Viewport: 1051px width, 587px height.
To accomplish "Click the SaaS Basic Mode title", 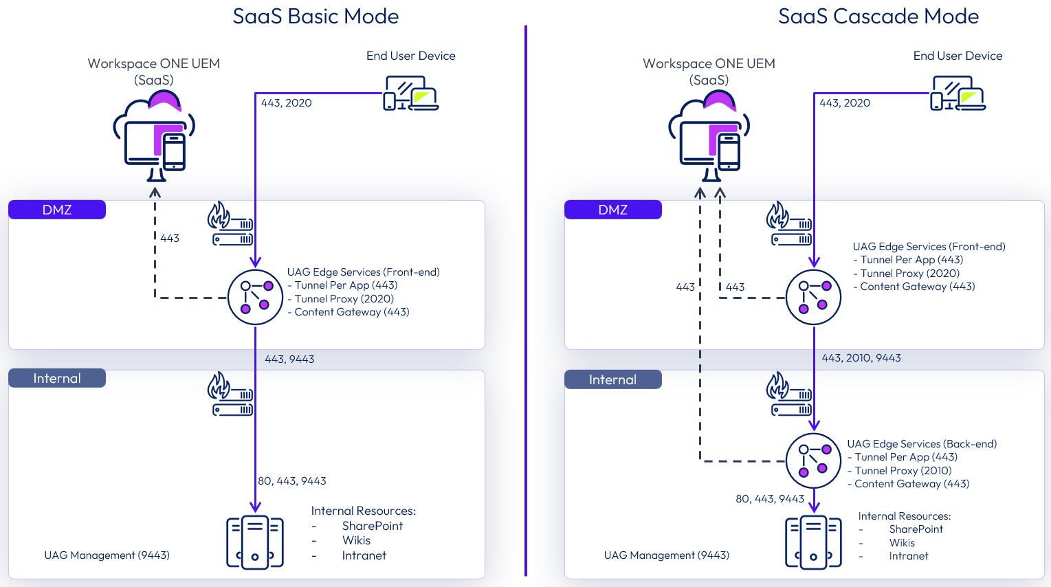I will click(x=316, y=16).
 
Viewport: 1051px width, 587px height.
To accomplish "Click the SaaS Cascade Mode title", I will click(x=878, y=16).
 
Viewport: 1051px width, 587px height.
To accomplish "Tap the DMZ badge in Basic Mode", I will click(x=57, y=210).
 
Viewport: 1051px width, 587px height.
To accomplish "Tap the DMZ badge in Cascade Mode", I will click(x=612, y=210).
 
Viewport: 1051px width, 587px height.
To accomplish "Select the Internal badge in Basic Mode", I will click(x=57, y=378).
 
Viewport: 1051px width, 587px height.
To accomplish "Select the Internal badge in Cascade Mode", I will click(x=612, y=379).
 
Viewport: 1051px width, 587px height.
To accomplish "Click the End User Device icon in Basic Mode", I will click(x=410, y=93).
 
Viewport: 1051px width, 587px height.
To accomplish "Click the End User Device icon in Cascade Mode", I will click(x=958, y=93).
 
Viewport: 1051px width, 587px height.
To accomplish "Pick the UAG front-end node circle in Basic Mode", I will click(x=255, y=297).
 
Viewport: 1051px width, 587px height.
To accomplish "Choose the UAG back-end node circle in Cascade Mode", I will click(x=813, y=461).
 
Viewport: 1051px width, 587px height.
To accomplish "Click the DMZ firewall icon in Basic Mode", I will click(x=230, y=223).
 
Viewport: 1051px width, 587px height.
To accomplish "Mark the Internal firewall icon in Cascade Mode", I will click(x=789, y=394).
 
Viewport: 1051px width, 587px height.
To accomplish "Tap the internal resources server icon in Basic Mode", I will click(x=255, y=542).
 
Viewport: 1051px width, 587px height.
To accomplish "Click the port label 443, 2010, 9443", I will click(x=861, y=358).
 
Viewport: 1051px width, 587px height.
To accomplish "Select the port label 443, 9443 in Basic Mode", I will click(x=289, y=359).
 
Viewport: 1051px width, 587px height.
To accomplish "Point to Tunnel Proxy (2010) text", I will click(x=903, y=471).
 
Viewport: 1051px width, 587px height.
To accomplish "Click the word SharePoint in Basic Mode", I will click(x=372, y=526).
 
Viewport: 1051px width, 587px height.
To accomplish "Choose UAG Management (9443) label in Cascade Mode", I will click(x=666, y=555).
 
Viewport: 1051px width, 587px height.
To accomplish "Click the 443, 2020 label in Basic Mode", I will click(x=286, y=103).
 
